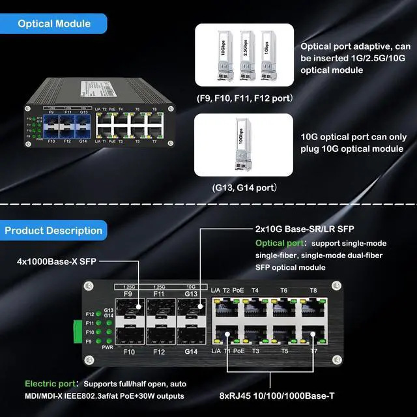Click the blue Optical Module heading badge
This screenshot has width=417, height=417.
pos(53,24)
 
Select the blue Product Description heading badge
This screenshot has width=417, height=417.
pos(53,230)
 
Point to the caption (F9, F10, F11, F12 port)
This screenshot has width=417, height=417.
pos(244,98)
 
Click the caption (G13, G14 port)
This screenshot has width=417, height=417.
pos(244,188)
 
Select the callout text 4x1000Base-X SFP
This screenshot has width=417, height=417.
pos(57,262)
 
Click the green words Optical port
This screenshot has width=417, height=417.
pos(277,243)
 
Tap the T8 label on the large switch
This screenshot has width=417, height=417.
pos(313,291)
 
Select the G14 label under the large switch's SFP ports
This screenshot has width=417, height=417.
pos(190,351)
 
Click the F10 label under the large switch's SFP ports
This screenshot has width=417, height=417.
pos(129,351)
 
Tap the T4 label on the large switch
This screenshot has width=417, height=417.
pos(255,291)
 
